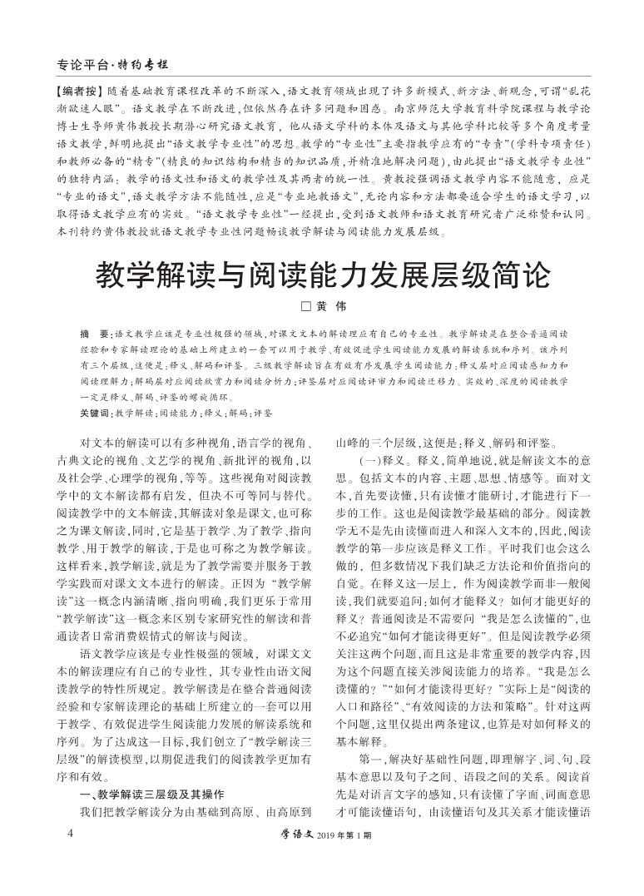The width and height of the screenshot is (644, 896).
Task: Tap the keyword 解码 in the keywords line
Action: [x=238, y=413]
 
